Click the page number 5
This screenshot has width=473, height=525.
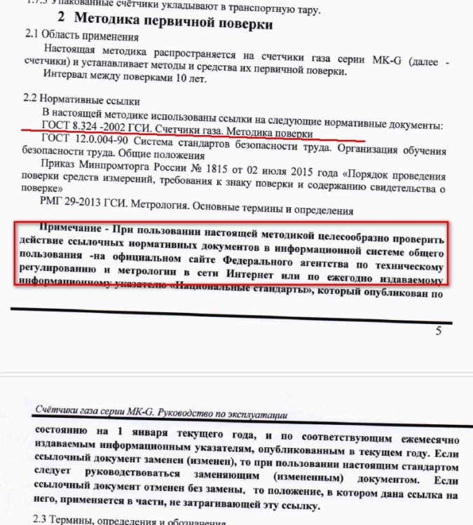tap(439, 330)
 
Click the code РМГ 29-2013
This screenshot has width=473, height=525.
tap(77, 209)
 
